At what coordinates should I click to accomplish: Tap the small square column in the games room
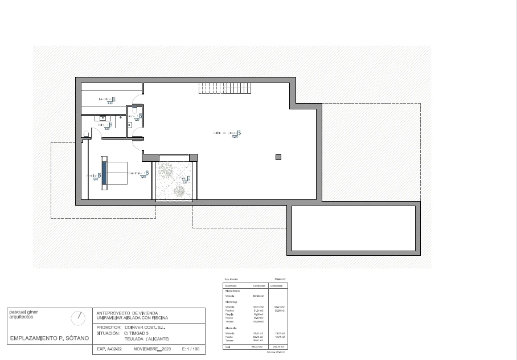pyautogui.click(x=278, y=157)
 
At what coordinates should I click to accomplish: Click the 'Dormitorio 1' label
pyautogui.click(x=135, y=174)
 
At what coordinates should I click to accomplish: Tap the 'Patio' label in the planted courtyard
pyautogui.click(x=182, y=179)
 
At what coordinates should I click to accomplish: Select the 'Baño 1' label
pyautogui.click(x=103, y=125)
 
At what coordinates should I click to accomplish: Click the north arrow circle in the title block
pyautogui.click(x=79, y=317)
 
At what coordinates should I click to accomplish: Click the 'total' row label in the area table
pyautogui.click(x=228, y=346)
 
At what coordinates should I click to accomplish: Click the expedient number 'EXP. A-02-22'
pyautogui.click(x=109, y=348)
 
